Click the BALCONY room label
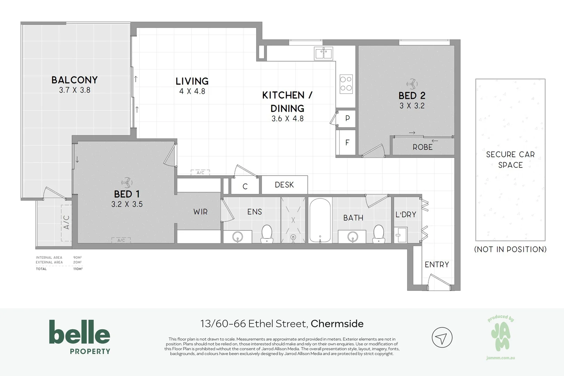pos(74,80)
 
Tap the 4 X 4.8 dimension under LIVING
pos(192,92)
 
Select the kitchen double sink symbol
pos(324,54)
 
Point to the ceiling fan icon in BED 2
pos(412,84)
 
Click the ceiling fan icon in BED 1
pos(126,182)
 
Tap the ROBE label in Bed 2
pos(422,147)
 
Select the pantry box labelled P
pos(347,118)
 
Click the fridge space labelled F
pos(347,142)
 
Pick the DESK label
pos(284,185)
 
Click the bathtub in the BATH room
pos(320,220)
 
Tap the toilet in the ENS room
pos(267,233)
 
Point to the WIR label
pos(200,212)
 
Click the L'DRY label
pos(406,215)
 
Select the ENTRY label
pos(437,265)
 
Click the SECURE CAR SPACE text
pos(510,159)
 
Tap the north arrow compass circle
pos(442,338)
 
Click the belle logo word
pos(80,332)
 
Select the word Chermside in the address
pos(337,324)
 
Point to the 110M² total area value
pos(78,269)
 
